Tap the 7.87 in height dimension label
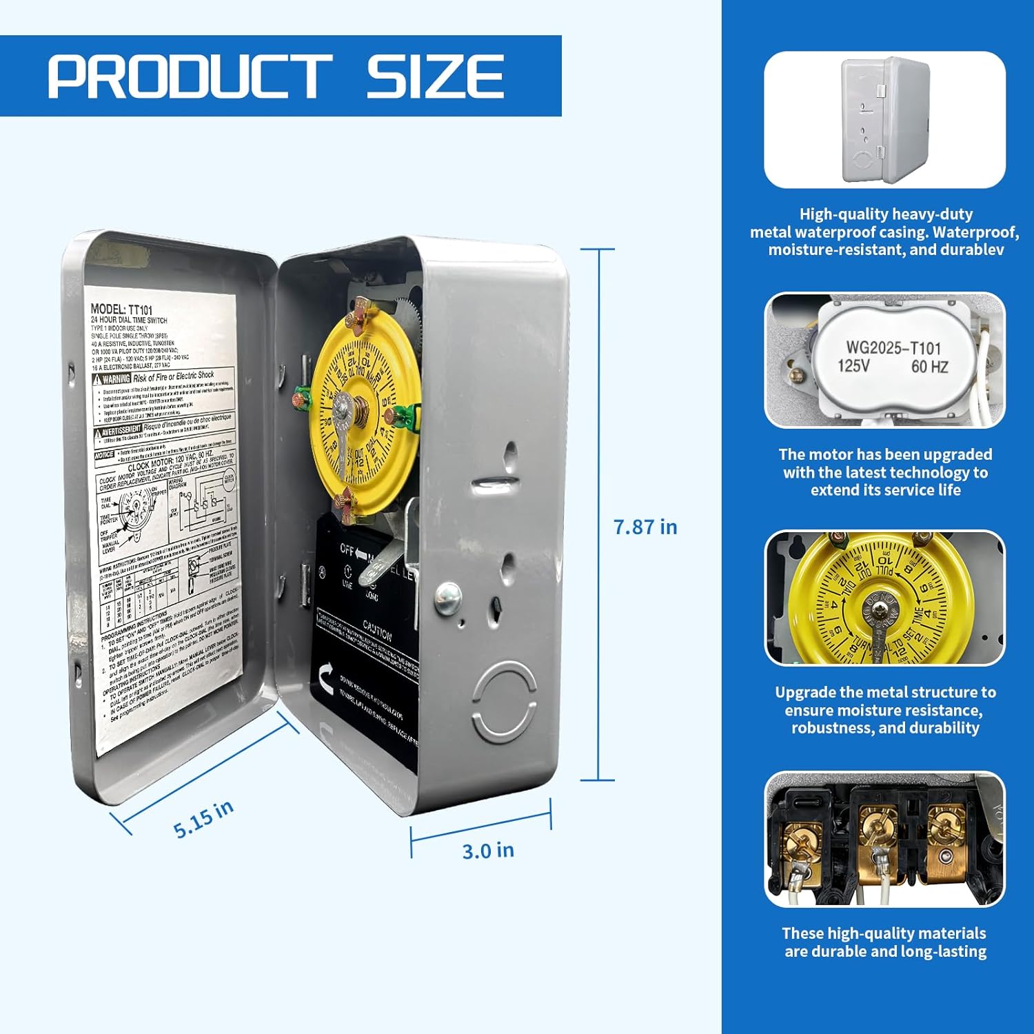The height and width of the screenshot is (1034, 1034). pos(645,527)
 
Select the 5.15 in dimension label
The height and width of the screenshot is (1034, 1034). pos(203,819)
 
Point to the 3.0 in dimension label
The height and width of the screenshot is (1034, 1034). pos(488,851)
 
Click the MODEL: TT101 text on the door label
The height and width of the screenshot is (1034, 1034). pos(121,310)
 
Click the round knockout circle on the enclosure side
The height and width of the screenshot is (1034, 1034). pos(505,701)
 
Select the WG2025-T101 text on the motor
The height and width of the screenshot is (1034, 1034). pos(893,347)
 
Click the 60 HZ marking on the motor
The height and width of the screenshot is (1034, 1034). pos(929,367)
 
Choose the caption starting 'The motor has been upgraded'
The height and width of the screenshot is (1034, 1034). pos(885,472)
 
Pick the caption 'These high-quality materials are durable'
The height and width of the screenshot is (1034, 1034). pos(885,942)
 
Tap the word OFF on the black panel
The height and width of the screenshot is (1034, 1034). pos(347,549)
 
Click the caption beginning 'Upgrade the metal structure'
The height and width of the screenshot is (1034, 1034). pos(885,710)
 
